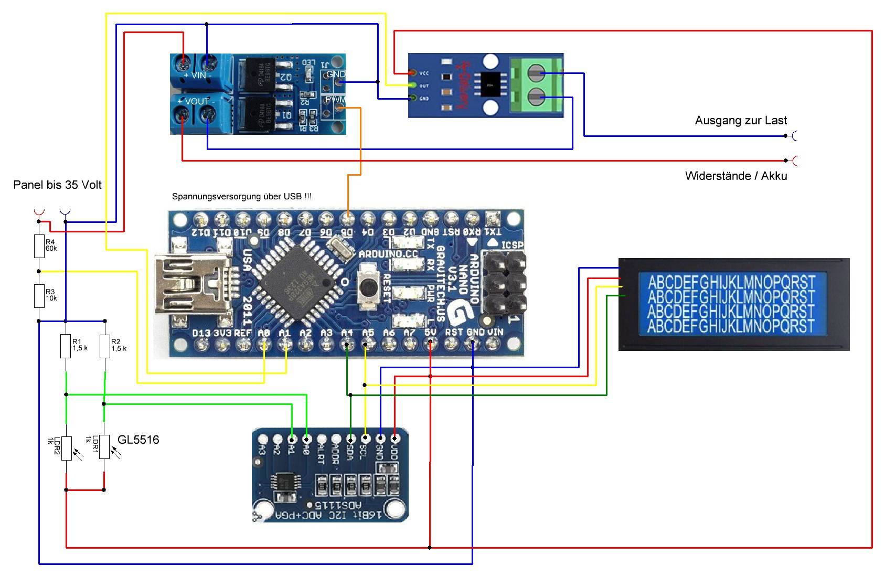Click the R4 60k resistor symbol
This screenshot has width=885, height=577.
pyautogui.click(x=39, y=246)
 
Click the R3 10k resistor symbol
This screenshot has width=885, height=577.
pyautogui.click(x=39, y=296)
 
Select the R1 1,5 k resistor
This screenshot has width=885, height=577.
pyautogui.click(x=66, y=346)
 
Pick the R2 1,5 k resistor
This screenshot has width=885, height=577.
pyautogui.click(x=105, y=346)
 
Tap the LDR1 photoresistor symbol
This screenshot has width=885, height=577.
pyautogui.click(x=105, y=447)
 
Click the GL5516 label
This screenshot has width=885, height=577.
pyautogui.click(x=138, y=440)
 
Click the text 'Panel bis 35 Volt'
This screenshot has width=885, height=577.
pyautogui.click(x=57, y=185)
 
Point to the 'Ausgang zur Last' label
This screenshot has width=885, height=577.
pyautogui.click(x=741, y=121)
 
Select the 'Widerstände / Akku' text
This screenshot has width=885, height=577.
pyautogui.click(x=736, y=176)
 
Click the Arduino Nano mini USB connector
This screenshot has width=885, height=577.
pyautogui.click(x=191, y=286)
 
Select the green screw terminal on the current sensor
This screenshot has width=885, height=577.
pyautogui.click(x=536, y=84)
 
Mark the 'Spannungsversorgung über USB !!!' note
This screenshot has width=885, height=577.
pyautogui.click(x=242, y=197)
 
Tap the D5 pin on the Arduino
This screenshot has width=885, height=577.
pyautogui.click(x=347, y=218)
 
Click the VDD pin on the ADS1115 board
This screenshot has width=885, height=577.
pyautogui.click(x=395, y=439)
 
